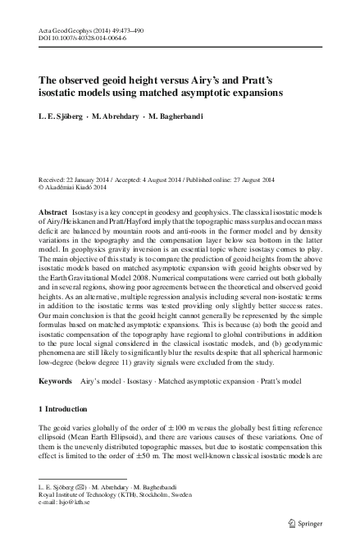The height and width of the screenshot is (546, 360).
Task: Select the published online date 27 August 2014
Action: pyautogui.click(x=254, y=179)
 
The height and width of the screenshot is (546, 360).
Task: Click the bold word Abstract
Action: pyautogui.click(x=53, y=212)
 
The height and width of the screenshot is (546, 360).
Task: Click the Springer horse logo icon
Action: pyautogui.click(x=295, y=522)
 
